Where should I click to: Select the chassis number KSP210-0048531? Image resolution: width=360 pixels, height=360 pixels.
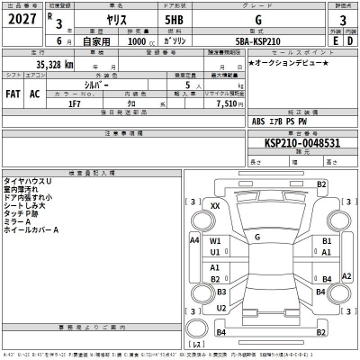pyautogui.click(x=301, y=142)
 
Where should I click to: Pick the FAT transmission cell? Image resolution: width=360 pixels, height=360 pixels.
pyautogui.click(x=15, y=93)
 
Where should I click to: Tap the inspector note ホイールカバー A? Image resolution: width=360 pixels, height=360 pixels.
pyautogui.click(x=34, y=229)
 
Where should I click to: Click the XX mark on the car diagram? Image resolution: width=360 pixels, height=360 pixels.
pyautogui.click(x=215, y=206)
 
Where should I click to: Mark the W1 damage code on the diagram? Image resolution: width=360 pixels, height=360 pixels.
pyautogui.click(x=215, y=242)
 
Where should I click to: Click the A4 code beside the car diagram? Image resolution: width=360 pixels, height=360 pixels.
pyautogui.click(x=193, y=240)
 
